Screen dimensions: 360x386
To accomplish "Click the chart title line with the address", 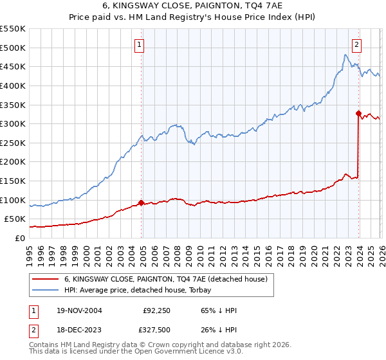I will coord(192,6).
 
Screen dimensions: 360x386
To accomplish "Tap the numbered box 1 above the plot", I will coord(140,44).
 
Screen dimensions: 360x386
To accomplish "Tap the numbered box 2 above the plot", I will coord(356,44).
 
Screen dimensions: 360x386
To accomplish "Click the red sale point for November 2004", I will coord(142,203).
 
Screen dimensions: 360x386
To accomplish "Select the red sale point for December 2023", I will coord(358,113).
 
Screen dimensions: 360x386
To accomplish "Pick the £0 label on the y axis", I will coord(21,238).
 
